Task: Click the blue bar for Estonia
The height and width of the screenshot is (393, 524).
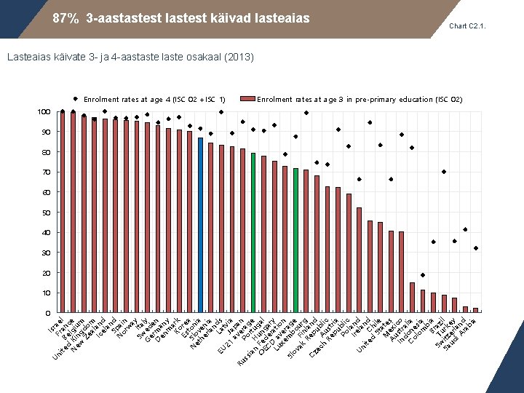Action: (x=200, y=226)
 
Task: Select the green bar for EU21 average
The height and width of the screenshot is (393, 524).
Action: (x=253, y=233)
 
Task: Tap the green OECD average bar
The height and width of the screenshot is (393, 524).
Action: (x=295, y=241)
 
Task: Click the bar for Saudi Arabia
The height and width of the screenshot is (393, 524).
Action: (x=476, y=311)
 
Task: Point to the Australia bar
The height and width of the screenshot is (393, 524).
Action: (x=412, y=298)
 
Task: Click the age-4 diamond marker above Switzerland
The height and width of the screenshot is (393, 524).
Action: (x=465, y=230)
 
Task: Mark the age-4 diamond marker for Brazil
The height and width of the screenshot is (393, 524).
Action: (x=444, y=172)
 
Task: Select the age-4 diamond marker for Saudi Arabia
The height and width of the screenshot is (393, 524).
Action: (x=476, y=248)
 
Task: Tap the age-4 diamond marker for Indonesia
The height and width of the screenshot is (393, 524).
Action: (x=423, y=275)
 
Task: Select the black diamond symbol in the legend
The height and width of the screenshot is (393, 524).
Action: (x=76, y=99)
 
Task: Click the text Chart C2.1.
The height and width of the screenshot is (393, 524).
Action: (x=467, y=26)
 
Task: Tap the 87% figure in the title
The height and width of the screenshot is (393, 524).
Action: (x=65, y=18)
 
